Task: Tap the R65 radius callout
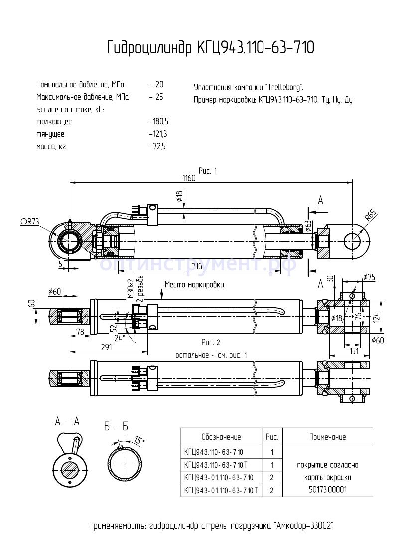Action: click(370, 216)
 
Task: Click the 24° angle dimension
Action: click(120, 338)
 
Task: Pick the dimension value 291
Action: click(106, 347)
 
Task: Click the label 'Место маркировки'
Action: click(194, 285)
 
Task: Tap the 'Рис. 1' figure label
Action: click(208, 171)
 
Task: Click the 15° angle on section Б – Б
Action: click(139, 440)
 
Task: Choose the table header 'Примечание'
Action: click(327, 437)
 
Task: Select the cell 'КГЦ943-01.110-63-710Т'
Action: click(221, 490)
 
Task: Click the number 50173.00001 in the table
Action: click(327, 490)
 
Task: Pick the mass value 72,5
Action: click(158, 147)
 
